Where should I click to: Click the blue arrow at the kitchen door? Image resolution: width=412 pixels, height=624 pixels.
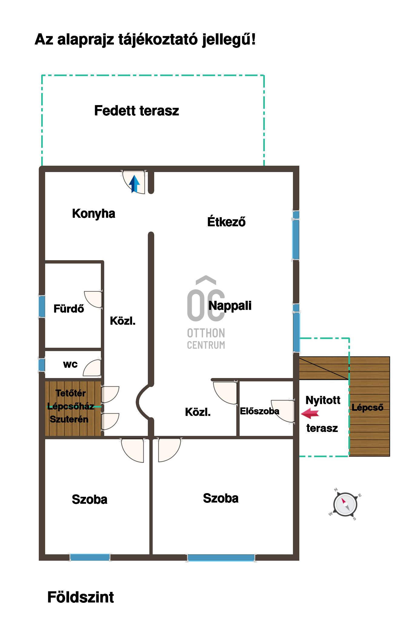pyautogui.click(x=135, y=184)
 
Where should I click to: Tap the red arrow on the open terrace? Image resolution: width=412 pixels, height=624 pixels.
pyautogui.click(x=310, y=413)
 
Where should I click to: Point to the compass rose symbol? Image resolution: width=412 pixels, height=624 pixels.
pyautogui.click(x=345, y=505)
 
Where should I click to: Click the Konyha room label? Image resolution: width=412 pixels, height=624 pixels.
pyautogui.click(x=94, y=214)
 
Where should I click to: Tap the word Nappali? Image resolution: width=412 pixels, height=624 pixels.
pyautogui.click(x=230, y=306)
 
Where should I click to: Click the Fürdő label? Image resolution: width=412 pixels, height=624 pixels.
pyautogui.click(x=69, y=309)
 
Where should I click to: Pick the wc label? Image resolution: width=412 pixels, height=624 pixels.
pyautogui.click(x=70, y=364)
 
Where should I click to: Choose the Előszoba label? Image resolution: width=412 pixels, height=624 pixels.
pyautogui.click(x=260, y=411)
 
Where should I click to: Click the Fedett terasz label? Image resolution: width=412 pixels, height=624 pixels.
pyautogui.click(x=137, y=111)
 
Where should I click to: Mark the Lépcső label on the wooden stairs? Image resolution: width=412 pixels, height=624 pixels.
pyautogui.click(x=367, y=407)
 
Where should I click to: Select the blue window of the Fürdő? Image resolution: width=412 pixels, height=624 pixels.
pyautogui.click(x=42, y=307)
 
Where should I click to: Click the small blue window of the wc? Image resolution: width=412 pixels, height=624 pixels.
pyautogui.click(x=42, y=365)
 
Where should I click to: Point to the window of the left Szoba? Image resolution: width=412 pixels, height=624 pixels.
pyautogui.click(x=90, y=557)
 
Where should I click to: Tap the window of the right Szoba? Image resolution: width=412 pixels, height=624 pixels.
pyautogui.click(x=221, y=558)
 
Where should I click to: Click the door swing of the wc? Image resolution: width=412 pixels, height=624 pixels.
pyautogui.click(x=92, y=368)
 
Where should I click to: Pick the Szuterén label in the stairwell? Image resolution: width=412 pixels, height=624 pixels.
pyautogui.click(x=69, y=419)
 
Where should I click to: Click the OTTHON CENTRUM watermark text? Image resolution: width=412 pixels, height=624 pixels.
pyautogui.click(x=206, y=339)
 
